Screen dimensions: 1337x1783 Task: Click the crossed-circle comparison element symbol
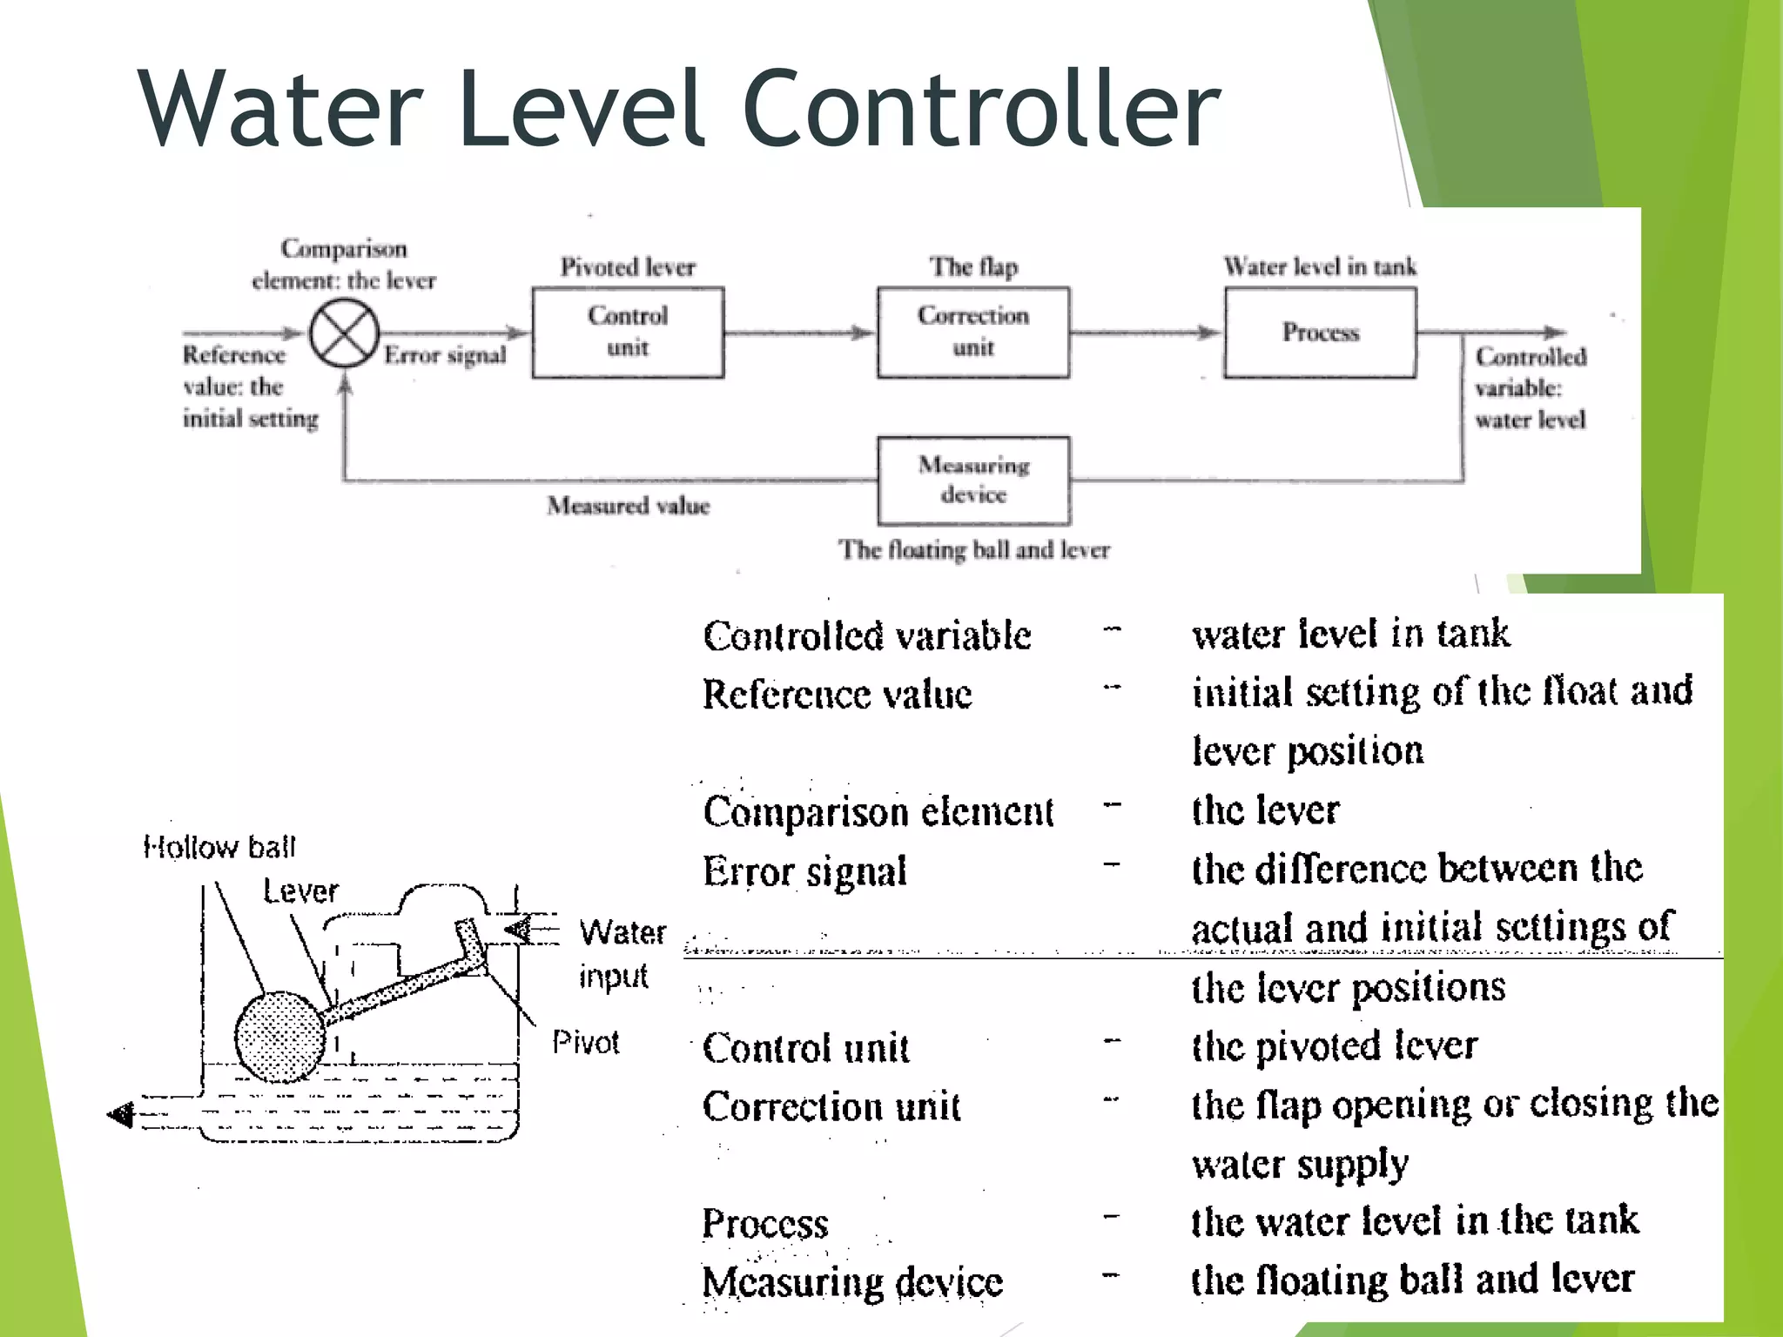coord(344,333)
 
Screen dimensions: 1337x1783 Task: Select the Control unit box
coord(628,333)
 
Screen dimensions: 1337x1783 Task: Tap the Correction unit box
coord(973,333)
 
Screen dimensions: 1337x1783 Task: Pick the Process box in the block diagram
coord(1320,333)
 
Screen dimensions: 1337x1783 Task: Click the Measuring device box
coord(973,480)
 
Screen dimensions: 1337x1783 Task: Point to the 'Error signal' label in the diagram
coord(445,355)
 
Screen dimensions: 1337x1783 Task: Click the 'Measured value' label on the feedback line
coord(628,506)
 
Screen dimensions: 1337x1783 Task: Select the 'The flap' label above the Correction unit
coord(973,266)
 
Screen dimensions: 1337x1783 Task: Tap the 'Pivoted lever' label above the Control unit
coord(628,266)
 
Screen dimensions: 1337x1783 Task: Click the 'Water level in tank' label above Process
coord(1320,266)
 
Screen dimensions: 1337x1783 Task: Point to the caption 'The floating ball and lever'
coord(973,550)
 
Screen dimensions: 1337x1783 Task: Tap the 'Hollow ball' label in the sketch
coord(219,847)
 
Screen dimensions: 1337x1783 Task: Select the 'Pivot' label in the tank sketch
coord(585,1042)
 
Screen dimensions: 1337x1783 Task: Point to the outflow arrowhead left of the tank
coord(121,1114)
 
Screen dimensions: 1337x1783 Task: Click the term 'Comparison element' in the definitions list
coord(878,811)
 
